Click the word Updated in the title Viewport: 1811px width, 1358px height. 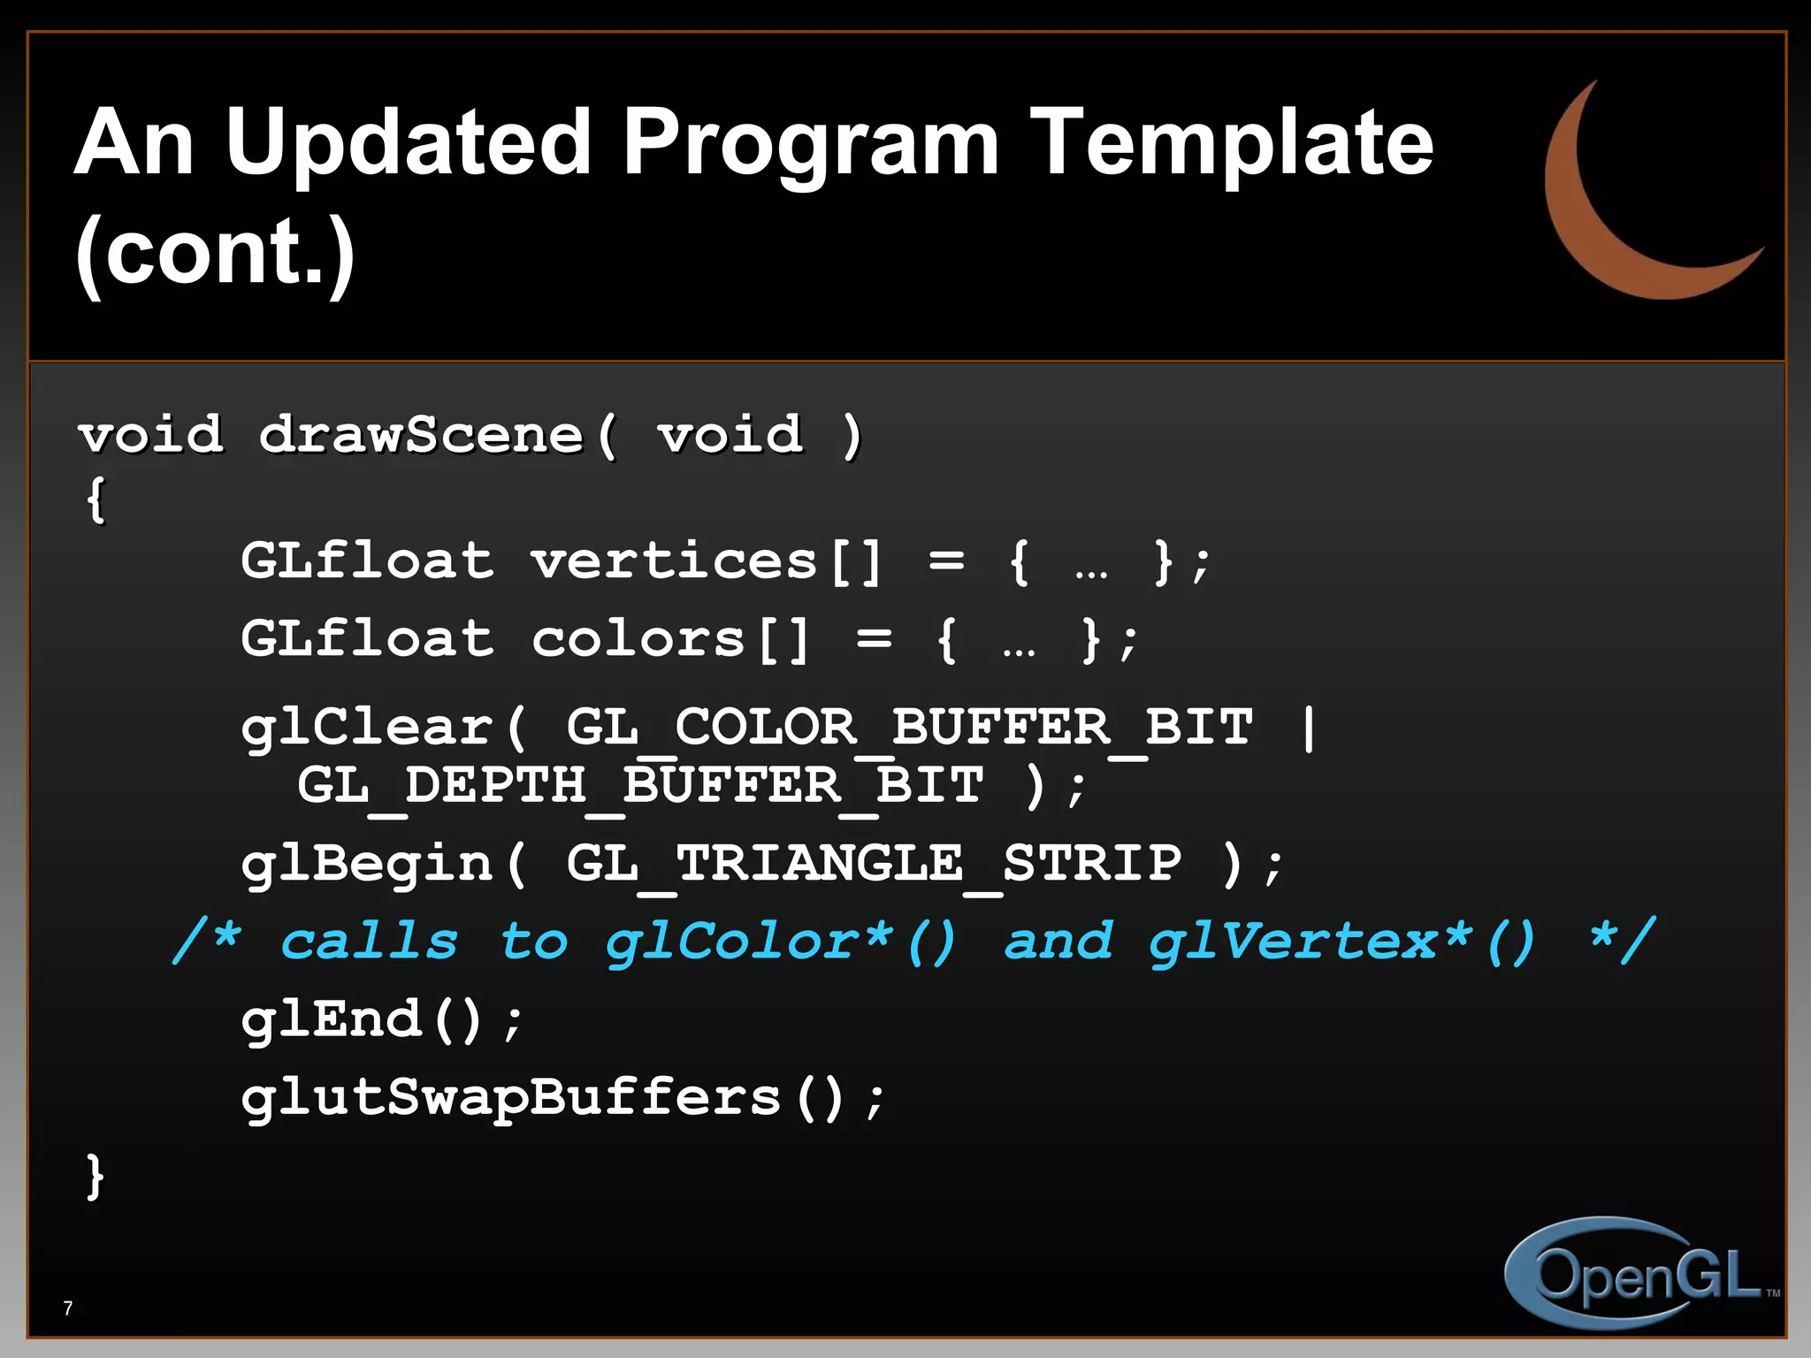407,143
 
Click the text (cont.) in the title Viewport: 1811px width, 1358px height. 215,252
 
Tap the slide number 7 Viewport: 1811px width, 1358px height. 68,1308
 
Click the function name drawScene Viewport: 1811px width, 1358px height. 421,435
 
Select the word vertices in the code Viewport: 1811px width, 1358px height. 674,561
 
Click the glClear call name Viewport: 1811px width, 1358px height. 366,729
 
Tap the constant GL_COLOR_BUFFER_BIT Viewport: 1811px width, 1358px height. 909,729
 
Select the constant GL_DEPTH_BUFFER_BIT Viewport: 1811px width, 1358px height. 640,786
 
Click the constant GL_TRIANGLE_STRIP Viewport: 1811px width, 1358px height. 874,864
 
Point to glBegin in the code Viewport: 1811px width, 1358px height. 366,864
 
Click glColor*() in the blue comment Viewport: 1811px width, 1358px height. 780,941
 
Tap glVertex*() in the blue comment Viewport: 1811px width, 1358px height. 1341,941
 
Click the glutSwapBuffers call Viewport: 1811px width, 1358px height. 511,1098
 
